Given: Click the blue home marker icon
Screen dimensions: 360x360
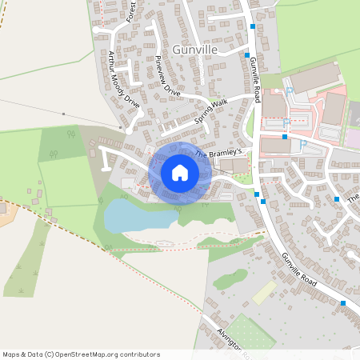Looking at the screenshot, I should [x=180, y=172].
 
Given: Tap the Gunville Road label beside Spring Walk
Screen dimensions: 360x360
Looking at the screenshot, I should [x=255, y=79].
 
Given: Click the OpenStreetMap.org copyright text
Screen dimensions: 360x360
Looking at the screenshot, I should [x=80, y=354].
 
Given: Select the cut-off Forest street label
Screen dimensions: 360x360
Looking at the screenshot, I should [x=133, y=12].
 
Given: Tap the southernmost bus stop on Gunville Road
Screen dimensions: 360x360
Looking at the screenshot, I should [x=342, y=303].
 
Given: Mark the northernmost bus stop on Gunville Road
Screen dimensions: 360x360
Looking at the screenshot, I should [x=253, y=26].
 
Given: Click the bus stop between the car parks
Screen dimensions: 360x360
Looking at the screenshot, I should [x=284, y=137].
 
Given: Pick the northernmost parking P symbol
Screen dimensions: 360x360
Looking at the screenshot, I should [x=287, y=93].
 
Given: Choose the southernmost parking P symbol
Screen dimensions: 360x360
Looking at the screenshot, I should [x=303, y=143].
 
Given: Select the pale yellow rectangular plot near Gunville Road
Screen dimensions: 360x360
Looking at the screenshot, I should [x=264, y=292].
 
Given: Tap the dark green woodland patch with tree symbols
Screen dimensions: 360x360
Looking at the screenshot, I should [x=59, y=142].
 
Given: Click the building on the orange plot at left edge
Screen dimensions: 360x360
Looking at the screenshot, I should [x=2, y=207].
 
